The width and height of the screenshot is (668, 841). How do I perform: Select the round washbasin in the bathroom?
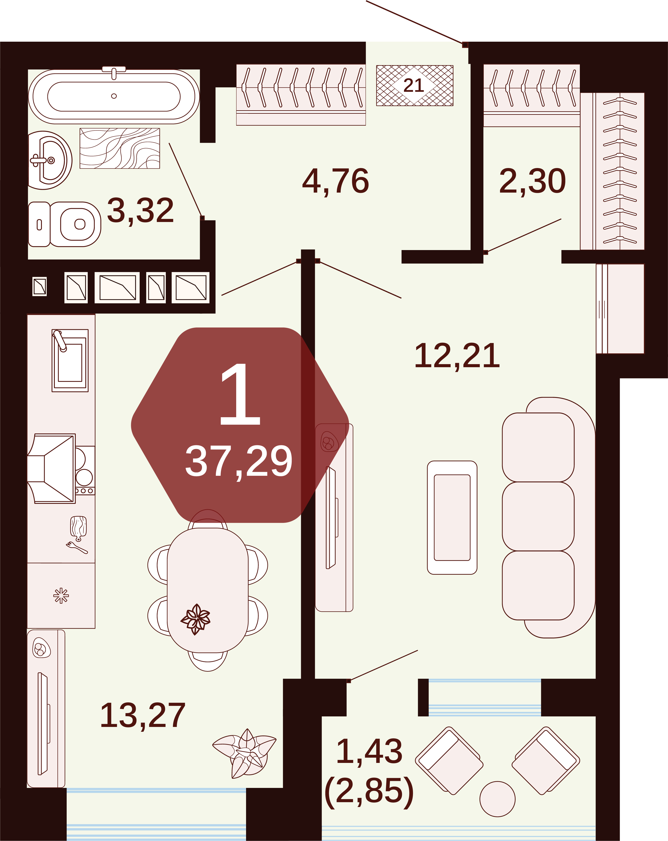(x=50, y=160)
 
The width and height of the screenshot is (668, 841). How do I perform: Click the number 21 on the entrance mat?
(x=414, y=85)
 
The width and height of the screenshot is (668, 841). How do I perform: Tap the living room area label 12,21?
(x=457, y=356)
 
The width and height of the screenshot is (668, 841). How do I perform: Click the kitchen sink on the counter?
(x=70, y=360)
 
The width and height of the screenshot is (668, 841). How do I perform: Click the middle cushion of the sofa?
(x=538, y=516)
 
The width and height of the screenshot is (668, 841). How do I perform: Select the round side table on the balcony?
(x=498, y=799)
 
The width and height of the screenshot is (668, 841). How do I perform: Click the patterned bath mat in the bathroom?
(x=120, y=148)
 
